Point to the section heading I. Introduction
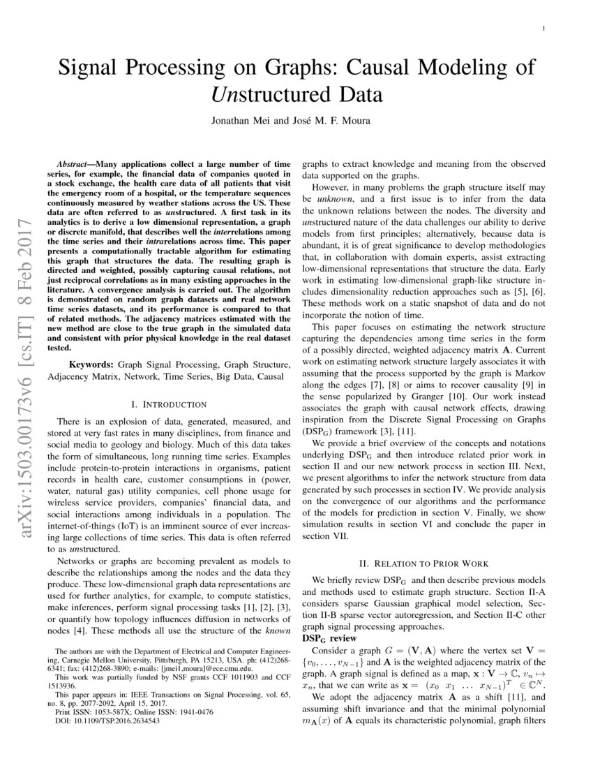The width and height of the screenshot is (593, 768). pyautogui.click(x=169, y=404)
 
